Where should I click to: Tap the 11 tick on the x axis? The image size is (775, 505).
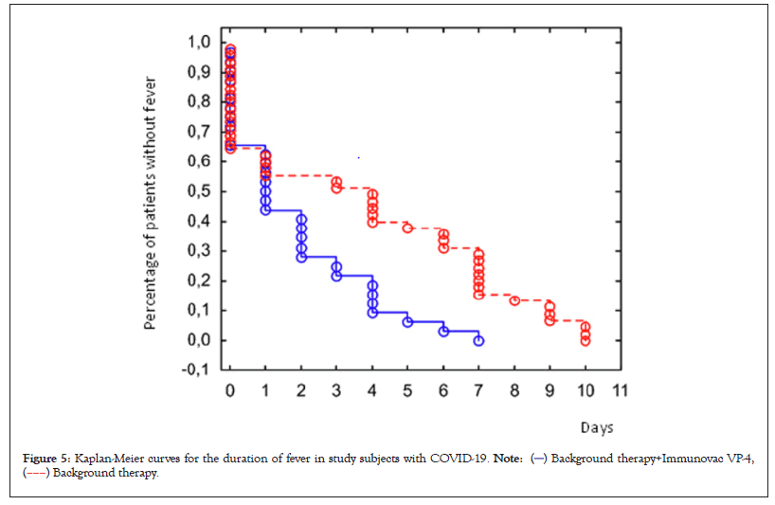pos(621,390)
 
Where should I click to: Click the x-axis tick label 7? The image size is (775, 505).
pos(478,390)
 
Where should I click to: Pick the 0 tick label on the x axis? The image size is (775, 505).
pos(229,390)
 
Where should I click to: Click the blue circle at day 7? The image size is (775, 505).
pos(478,340)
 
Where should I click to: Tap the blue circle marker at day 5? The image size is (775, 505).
pos(407,322)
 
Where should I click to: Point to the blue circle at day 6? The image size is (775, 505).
pos(443,331)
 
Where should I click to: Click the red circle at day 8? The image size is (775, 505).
pos(514,300)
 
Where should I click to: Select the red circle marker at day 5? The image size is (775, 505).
pos(407,228)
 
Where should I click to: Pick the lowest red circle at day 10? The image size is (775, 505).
pos(586,340)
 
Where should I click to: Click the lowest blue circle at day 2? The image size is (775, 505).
pos(301,257)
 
